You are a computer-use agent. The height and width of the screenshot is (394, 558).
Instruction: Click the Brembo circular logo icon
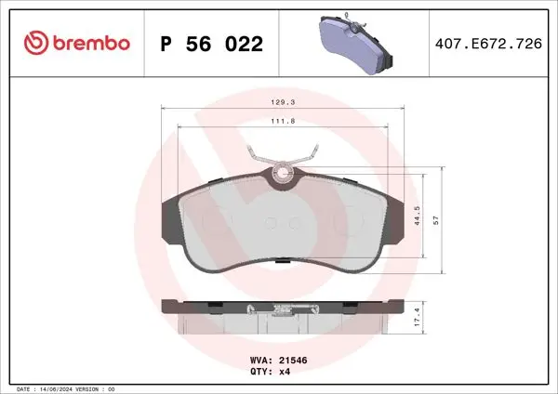pyautogui.click(x=36, y=43)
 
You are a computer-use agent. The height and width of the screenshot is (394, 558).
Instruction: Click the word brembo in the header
pyautogui.click(x=91, y=43)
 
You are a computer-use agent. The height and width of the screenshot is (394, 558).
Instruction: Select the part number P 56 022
pyautogui.click(x=212, y=44)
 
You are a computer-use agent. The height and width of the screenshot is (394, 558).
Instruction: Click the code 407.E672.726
pyautogui.click(x=488, y=44)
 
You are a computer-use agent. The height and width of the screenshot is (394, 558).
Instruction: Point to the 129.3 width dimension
pyautogui.click(x=283, y=102)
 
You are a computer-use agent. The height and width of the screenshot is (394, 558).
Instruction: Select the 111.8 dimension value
pyautogui.click(x=283, y=121)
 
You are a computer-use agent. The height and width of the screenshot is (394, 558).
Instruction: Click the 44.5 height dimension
pyautogui.click(x=417, y=216)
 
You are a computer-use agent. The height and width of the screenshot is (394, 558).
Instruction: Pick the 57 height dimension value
pyautogui.click(x=436, y=220)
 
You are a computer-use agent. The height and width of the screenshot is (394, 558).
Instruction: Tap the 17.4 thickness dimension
pyautogui.click(x=417, y=317)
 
